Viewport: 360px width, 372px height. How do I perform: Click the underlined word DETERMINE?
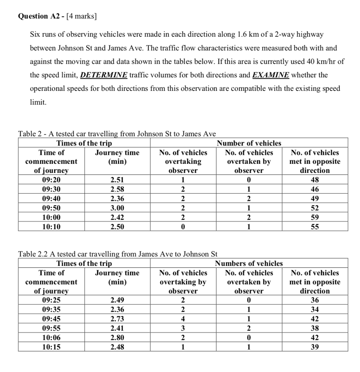point(104,75)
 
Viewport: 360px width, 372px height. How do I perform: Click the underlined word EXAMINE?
point(271,75)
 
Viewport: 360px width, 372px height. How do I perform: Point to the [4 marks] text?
point(81,16)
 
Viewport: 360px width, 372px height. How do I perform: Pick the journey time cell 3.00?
point(117,208)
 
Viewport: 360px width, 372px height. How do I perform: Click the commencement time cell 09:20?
point(51,179)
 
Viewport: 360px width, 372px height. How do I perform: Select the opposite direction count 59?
point(315,218)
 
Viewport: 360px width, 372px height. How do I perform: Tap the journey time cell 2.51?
point(117,179)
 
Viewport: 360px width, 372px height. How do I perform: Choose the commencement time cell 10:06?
point(51,337)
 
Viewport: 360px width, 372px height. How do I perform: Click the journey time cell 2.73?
point(117,319)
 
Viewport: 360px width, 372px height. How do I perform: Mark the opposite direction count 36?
point(315,300)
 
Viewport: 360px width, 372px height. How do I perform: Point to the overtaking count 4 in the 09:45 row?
point(183,319)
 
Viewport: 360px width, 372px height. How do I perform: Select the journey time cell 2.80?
point(117,337)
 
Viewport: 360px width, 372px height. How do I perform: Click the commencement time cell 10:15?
point(51,347)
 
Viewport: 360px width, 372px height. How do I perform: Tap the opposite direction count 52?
point(315,208)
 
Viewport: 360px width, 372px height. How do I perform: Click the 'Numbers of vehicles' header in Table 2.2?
point(249,263)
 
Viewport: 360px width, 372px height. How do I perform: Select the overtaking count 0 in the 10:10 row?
point(183,227)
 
